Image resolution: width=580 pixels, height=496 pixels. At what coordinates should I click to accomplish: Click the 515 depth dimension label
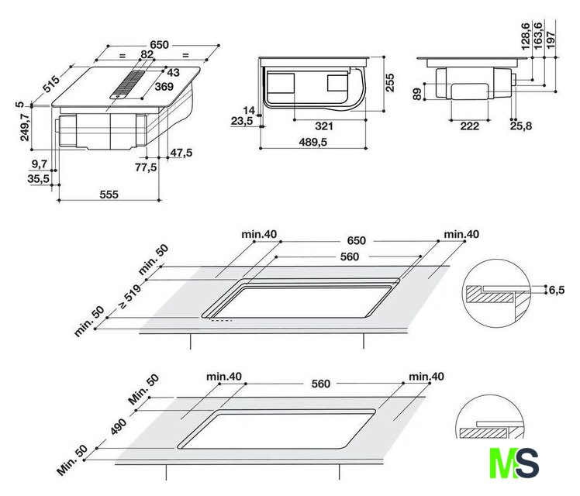coord(50,84)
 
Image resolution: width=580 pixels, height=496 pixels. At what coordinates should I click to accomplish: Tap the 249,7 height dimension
coord(25,127)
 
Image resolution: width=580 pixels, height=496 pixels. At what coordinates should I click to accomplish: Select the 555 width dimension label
coord(109,195)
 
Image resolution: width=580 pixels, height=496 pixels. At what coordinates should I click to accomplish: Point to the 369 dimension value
coord(164,87)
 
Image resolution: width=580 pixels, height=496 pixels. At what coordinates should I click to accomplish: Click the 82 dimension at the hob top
coord(147,54)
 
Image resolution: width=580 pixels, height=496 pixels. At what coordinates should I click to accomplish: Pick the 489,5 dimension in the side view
coord(313,142)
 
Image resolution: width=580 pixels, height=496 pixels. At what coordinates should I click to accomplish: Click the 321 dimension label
coord(324,126)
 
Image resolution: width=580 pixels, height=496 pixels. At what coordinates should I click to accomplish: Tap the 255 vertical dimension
coord(390,83)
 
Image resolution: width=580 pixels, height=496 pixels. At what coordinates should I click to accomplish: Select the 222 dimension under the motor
coord(469,126)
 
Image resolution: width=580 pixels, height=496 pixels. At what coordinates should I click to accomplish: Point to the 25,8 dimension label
coord(521,126)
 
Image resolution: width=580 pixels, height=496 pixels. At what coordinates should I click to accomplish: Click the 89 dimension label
coord(417,94)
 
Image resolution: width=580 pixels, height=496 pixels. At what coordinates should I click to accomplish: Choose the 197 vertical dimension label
coord(551,40)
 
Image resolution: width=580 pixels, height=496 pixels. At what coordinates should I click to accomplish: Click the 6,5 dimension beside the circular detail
coord(557,290)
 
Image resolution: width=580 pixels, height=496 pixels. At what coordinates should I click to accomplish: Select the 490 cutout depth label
coord(119,426)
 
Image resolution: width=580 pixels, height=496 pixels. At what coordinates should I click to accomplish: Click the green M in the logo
coord(502,463)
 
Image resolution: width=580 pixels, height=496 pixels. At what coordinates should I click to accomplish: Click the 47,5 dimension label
coord(181,153)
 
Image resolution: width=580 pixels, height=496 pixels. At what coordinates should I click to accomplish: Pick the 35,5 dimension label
coord(39,179)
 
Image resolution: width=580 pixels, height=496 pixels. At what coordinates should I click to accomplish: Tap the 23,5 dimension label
coord(242,121)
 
